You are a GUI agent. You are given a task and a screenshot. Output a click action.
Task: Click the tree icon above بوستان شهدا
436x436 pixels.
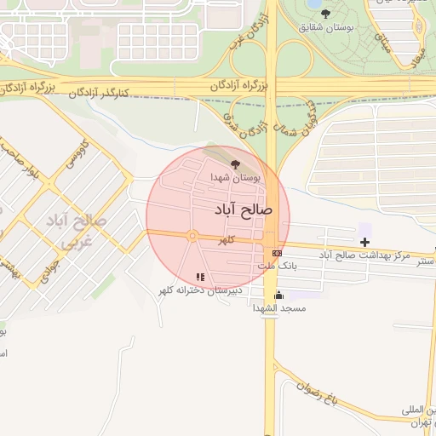point(235,163)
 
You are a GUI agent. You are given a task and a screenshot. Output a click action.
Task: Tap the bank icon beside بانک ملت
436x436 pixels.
point(277,253)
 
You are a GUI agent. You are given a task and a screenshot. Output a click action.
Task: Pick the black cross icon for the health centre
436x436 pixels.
point(364,243)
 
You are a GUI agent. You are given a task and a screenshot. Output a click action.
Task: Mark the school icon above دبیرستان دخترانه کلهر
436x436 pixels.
point(200,277)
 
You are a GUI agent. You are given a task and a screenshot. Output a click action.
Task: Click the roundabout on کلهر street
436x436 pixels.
point(193,236)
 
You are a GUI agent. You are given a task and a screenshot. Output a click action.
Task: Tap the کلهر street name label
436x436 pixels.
point(225,243)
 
